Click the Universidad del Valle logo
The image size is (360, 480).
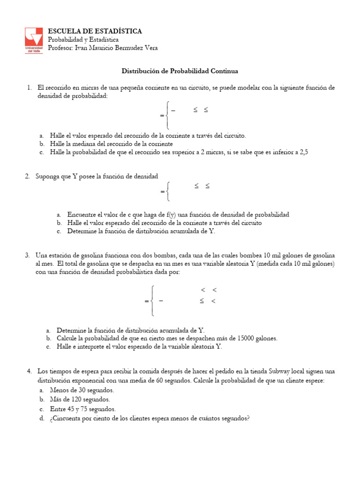point(34,41)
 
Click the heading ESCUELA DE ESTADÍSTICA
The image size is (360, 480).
point(95,31)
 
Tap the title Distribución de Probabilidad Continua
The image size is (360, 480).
point(180,71)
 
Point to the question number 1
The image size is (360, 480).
point(29,88)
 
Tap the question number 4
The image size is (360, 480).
point(29,371)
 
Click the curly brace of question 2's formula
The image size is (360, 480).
point(169,191)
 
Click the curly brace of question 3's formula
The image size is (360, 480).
point(153,300)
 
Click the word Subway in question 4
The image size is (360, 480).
point(285,371)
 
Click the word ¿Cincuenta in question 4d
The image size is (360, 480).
point(67,418)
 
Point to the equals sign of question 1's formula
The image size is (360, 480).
point(162,115)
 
